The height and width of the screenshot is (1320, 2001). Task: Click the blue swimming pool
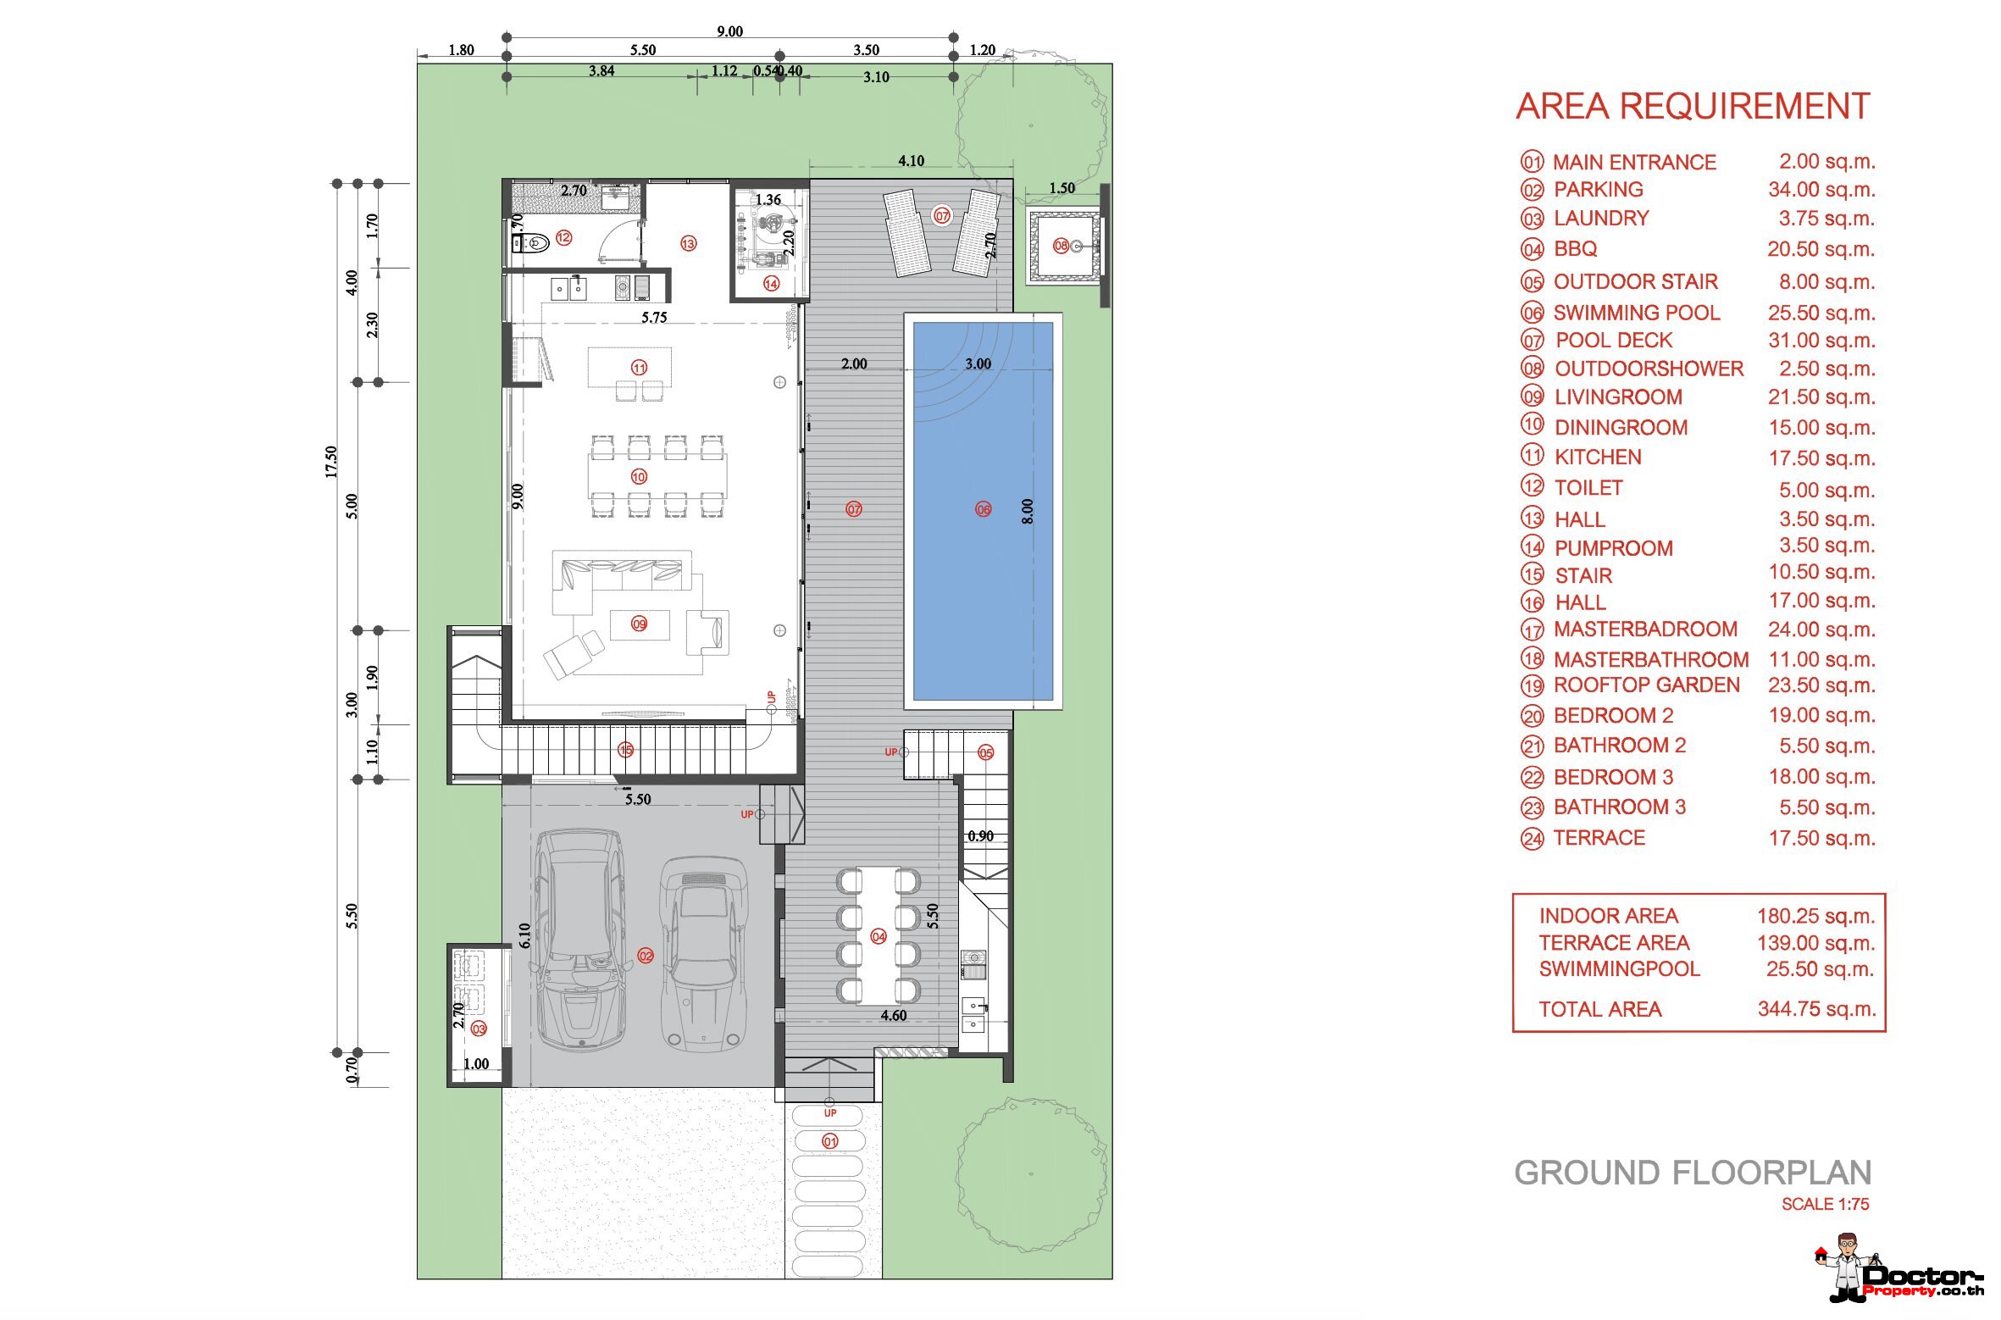(x=983, y=511)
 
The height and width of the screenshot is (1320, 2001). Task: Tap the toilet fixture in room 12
(x=531, y=244)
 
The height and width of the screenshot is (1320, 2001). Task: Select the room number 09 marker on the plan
(x=639, y=624)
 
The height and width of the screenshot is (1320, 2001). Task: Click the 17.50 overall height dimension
(x=331, y=462)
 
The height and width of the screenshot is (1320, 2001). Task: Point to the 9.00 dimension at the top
(x=729, y=31)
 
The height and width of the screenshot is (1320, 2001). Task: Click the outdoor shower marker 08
(x=1061, y=246)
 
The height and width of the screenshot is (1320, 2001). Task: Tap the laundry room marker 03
(x=479, y=1029)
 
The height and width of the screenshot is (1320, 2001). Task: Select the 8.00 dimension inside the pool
(x=1027, y=511)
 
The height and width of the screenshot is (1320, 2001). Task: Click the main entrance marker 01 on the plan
(x=830, y=1141)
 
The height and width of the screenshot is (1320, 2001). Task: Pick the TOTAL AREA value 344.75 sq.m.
(x=1816, y=1009)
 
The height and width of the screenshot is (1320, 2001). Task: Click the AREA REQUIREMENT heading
(x=1693, y=107)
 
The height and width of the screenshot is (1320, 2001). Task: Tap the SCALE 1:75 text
(x=1825, y=1204)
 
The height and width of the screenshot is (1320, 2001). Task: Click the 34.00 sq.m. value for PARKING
(x=1821, y=190)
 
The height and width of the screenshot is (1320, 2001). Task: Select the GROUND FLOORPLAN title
(x=1693, y=1173)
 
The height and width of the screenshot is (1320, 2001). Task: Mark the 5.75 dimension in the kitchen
(x=654, y=318)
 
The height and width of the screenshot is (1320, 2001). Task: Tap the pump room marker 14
(x=771, y=284)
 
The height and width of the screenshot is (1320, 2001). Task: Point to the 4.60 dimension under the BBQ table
(x=894, y=1016)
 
